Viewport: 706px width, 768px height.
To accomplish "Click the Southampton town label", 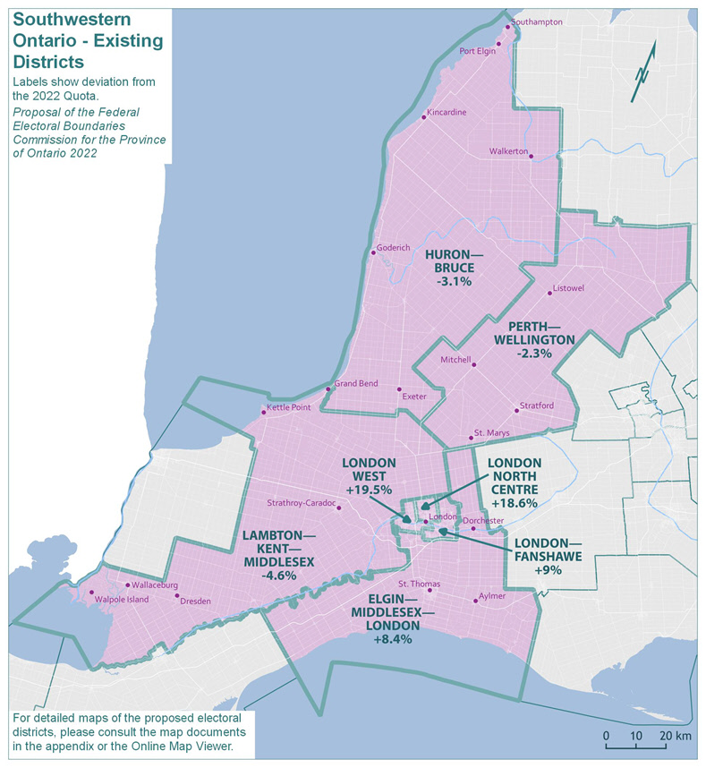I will [537, 21].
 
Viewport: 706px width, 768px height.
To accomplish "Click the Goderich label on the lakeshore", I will [394, 247].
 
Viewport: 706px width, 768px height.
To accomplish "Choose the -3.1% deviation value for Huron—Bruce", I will [454, 282].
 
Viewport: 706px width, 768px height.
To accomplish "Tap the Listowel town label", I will [568, 288].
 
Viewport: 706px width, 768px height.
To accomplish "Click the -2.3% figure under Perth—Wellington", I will [534, 354].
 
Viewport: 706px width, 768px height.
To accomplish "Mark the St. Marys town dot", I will [471, 438].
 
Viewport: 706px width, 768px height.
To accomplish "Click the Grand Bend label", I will [355, 384].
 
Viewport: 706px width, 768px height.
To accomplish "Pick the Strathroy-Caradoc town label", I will [300, 504].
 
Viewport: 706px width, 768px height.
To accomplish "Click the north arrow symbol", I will [643, 72].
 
